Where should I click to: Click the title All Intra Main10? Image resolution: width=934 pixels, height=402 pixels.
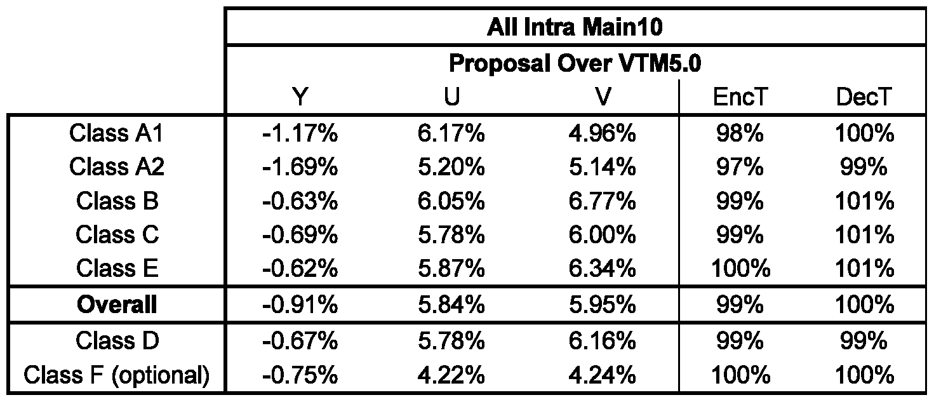click(x=575, y=27)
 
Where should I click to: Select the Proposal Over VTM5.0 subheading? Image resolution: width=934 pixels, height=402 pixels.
click(x=575, y=64)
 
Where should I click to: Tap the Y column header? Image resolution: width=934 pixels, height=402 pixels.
click(x=300, y=97)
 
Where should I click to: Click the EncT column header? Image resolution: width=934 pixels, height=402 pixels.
click(x=740, y=97)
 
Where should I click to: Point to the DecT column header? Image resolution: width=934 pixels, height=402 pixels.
click(x=864, y=97)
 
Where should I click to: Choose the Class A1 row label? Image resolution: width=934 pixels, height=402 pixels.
click(x=116, y=133)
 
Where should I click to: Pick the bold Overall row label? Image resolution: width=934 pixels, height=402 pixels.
click(x=117, y=304)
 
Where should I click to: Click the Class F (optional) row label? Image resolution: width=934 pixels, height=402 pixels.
click(x=116, y=375)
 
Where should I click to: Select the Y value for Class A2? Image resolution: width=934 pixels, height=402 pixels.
click(x=300, y=167)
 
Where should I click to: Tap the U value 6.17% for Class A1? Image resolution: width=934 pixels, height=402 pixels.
click(x=451, y=133)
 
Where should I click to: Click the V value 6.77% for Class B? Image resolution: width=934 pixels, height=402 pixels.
click(x=602, y=201)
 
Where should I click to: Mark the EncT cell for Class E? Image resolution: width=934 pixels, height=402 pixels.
click(x=740, y=268)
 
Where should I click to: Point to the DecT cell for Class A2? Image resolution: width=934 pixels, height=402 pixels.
click(x=864, y=167)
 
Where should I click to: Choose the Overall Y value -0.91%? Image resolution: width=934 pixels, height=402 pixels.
click(x=300, y=304)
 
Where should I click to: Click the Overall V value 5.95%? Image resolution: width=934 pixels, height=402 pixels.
click(x=602, y=304)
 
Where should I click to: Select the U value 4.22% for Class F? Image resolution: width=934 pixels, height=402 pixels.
click(x=451, y=375)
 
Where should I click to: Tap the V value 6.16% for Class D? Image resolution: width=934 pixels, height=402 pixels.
click(x=602, y=340)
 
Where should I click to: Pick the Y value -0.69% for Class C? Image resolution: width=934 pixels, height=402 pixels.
click(x=300, y=235)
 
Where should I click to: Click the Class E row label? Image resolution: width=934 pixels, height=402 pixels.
click(x=117, y=268)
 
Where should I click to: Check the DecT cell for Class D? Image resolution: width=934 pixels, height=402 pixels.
click(x=864, y=340)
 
